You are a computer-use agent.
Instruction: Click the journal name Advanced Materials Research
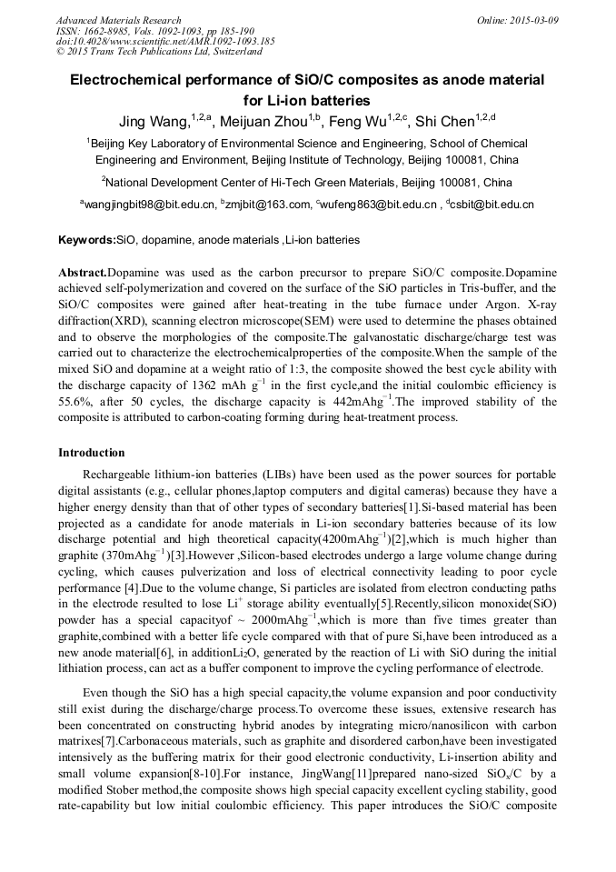tap(118, 20)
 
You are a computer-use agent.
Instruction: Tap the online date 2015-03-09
tap(534, 20)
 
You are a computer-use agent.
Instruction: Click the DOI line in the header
tap(165, 41)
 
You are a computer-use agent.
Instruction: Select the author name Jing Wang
tap(152, 121)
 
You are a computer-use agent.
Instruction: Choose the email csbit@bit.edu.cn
tap(492, 205)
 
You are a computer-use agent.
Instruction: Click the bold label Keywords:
tap(87, 240)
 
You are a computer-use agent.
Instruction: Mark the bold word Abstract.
tap(83, 273)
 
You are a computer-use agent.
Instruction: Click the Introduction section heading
tap(92, 452)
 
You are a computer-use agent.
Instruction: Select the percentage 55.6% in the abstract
tap(74, 402)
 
